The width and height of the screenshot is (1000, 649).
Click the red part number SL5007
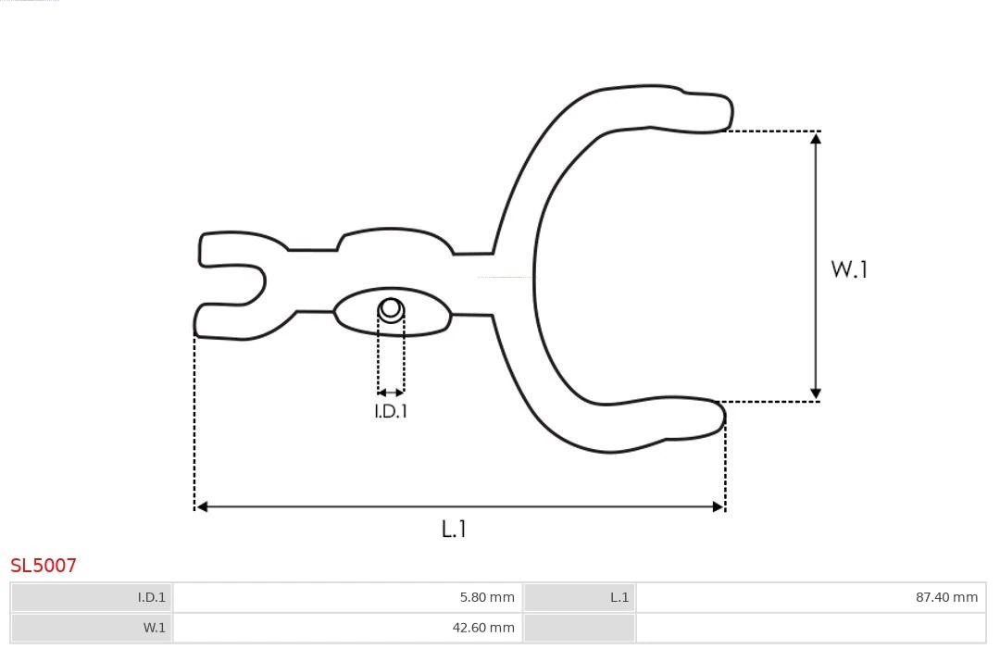coord(44,565)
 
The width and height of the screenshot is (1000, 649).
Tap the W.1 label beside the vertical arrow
coord(849,269)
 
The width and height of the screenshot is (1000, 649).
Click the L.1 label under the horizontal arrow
coord(454,529)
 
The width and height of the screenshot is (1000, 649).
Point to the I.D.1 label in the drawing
coord(391,411)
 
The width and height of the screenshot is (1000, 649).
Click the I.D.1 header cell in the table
coord(93,597)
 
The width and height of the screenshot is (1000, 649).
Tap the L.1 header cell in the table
coord(580,597)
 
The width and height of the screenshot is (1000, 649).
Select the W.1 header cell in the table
coord(93,628)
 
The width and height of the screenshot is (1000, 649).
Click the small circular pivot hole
coord(391,308)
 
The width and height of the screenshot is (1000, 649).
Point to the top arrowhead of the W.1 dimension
coord(816,138)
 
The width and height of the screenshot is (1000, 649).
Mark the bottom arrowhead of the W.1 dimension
coord(816,394)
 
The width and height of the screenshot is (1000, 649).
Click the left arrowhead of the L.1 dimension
coord(202,506)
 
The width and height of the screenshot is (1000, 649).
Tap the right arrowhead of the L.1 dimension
coord(718,506)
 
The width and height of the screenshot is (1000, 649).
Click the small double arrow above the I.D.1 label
coord(391,393)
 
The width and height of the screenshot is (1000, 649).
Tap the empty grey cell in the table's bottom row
coord(580,628)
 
